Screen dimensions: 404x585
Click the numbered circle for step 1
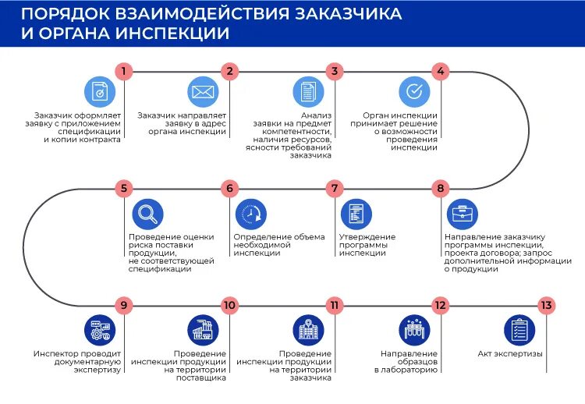coord(123,72)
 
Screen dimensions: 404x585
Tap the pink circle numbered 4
coord(440,72)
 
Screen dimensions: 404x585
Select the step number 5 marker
coord(123,188)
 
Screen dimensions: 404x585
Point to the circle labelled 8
coord(440,188)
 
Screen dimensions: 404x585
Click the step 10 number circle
coord(229,305)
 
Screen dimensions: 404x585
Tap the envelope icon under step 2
coord(203,92)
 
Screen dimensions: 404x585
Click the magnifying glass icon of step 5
coord(147,214)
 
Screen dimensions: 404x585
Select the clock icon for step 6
coord(250,214)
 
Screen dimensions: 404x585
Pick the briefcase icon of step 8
coord(463,214)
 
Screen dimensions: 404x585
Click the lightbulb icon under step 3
coord(308,92)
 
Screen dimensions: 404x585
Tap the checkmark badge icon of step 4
coord(414,92)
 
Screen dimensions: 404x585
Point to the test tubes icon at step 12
coord(414,330)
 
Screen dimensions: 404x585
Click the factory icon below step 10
coord(203,330)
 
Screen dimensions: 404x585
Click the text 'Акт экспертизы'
coord(510,354)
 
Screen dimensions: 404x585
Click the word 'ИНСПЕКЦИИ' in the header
coord(173,34)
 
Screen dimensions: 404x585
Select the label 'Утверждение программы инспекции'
coord(367,245)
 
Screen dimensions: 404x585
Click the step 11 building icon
coord(308,330)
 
